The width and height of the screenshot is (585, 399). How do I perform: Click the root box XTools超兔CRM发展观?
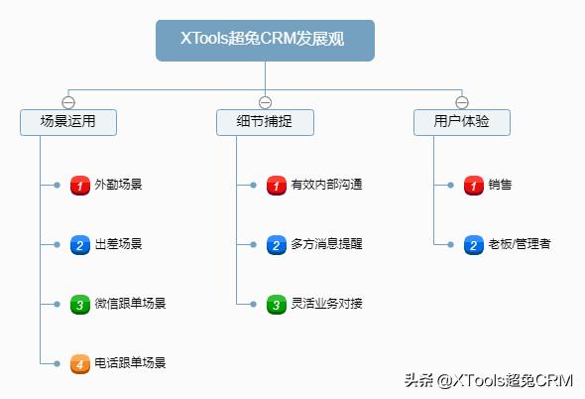(x=265, y=41)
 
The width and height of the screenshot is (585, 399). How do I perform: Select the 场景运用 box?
(x=68, y=122)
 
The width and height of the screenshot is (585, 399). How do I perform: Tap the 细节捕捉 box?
(x=265, y=122)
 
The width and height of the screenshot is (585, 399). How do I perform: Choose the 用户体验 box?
(x=462, y=122)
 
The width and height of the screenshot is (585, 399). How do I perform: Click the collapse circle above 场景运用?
(x=68, y=102)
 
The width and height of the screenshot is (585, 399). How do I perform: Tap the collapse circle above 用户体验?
(x=462, y=102)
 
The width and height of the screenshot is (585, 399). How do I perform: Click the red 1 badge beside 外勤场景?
(x=80, y=186)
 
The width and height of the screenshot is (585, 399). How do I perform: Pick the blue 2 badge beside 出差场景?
(x=80, y=245)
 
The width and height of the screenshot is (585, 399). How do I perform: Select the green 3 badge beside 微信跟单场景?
(x=80, y=305)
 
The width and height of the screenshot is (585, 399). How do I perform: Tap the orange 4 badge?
(x=80, y=364)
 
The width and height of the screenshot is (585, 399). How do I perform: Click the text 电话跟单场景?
(x=130, y=362)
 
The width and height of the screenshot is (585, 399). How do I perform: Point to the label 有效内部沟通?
(x=327, y=185)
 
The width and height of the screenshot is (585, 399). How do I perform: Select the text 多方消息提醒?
(x=327, y=244)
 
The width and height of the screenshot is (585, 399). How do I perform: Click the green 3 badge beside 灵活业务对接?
(x=277, y=305)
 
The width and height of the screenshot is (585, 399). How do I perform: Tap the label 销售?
(x=500, y=185)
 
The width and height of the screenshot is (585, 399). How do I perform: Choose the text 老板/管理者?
(x=520, y=244)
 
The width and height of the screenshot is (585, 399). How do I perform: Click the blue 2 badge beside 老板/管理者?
(x=474, y=245)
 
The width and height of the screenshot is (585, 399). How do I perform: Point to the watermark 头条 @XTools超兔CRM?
(x=489, y=380)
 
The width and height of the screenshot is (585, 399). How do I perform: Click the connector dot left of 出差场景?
(x=57, y=245)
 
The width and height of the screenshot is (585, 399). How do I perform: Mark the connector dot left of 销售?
(x=451, y=185)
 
